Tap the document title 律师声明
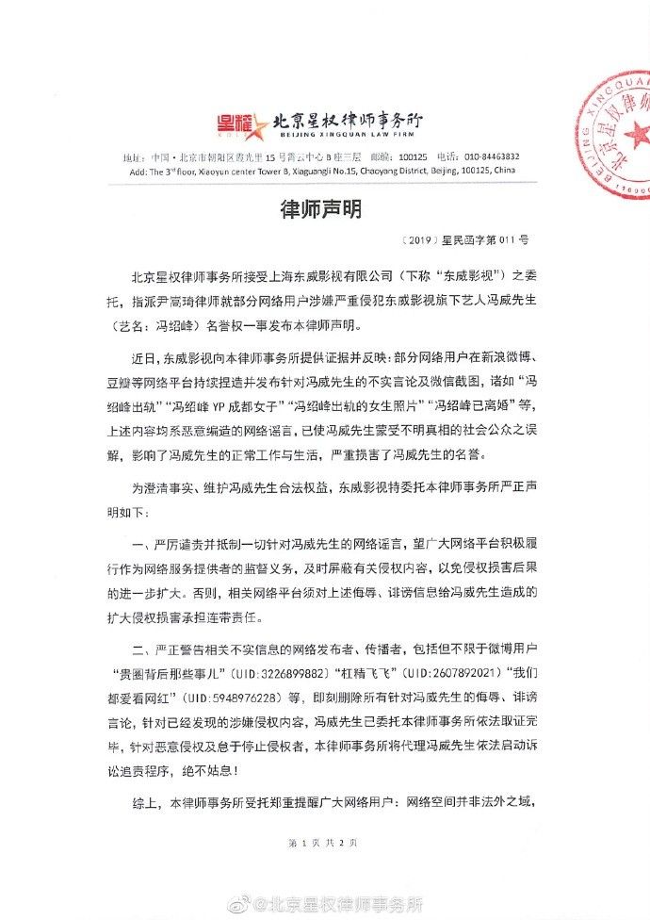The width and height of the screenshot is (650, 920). tap(325, 208)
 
